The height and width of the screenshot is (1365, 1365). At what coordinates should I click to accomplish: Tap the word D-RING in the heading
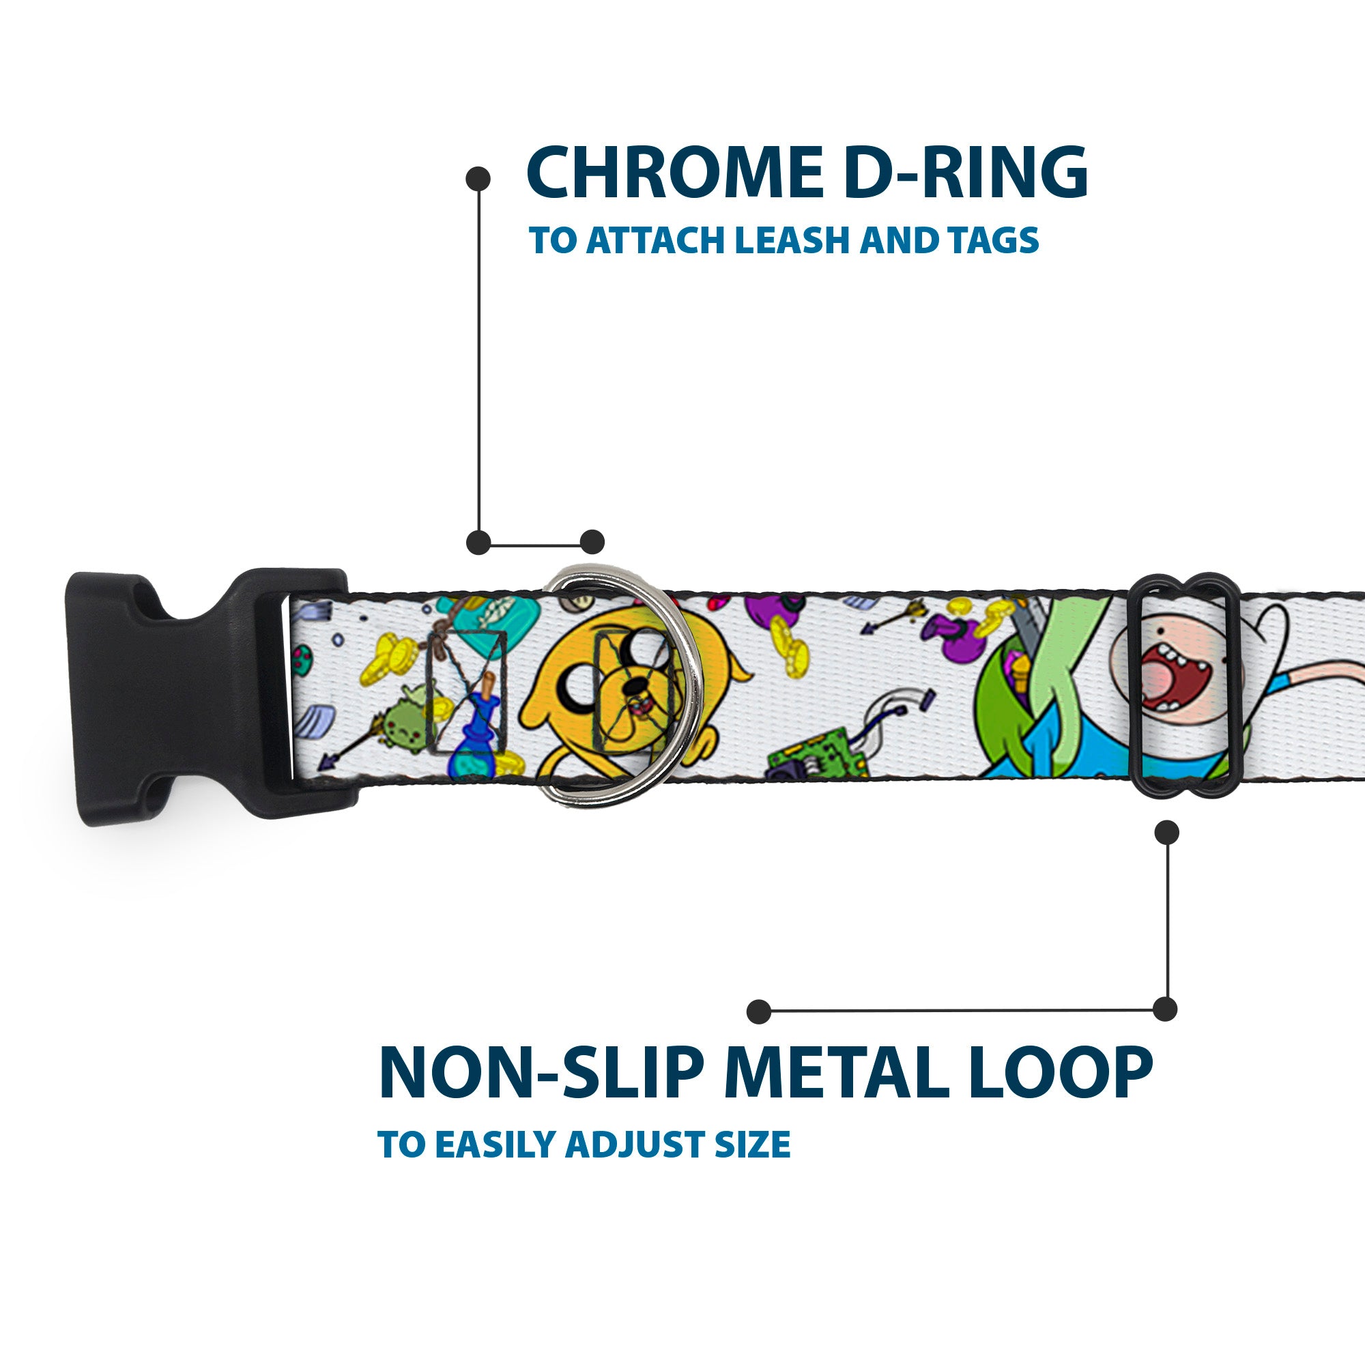coord(965,174)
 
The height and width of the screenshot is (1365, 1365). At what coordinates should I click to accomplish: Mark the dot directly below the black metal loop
coord(1166,832)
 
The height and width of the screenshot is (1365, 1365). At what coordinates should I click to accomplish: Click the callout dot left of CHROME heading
coord(478,179)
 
